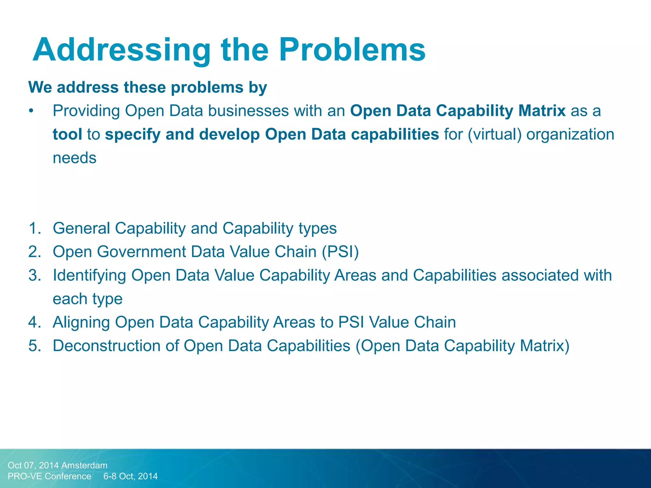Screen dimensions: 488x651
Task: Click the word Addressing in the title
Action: pyautogui.click(x=121, y=50)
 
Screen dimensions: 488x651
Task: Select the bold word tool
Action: pyautogui.click(x=67, y=134)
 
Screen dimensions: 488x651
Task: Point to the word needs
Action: pyautogui.click(x=74, y=158)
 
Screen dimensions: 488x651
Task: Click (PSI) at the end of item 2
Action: pyautogui.click(x=340, y=252)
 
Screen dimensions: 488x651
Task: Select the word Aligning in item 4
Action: pyautogui.click(x=81, y=322)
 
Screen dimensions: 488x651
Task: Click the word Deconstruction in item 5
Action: pyautogui.click(x=106, y=346)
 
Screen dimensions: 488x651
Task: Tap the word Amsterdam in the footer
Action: pyautogui.click(x=84, y=465)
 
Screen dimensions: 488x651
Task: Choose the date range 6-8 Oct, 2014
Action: pyautogui.click(x=130, y=476)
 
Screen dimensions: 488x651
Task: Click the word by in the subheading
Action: pyautogui.click(x=258, y=88)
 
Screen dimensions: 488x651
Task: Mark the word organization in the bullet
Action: pyautogui.click(x=570, y=134)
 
